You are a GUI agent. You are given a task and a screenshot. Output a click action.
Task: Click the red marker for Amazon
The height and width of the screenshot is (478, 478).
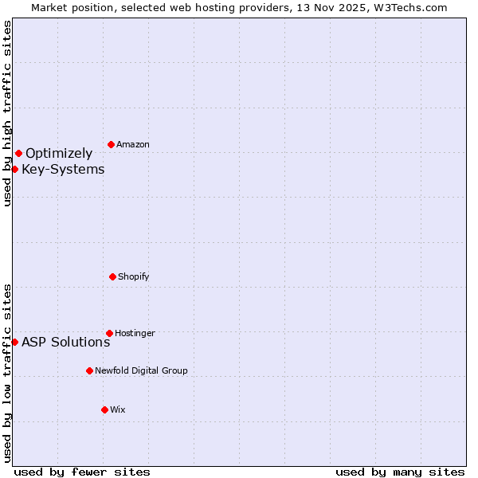(x=111, y=144)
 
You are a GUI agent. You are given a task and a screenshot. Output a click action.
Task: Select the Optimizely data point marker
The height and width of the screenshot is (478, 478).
(x=18, y=153)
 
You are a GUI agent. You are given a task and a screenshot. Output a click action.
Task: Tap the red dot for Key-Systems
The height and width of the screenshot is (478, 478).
(x=14, y=169)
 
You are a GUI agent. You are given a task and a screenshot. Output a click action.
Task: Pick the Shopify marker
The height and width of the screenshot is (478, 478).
(x=112, y=276)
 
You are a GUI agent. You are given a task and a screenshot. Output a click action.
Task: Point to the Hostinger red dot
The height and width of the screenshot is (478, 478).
(x=109, y=333)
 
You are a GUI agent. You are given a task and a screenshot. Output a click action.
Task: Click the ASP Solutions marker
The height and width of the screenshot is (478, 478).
(x=14, y=342)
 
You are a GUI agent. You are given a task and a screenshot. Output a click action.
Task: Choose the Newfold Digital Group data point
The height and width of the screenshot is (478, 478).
(x=89, y=370)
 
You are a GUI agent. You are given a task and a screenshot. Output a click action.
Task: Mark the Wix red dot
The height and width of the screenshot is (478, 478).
(x=104, y=409)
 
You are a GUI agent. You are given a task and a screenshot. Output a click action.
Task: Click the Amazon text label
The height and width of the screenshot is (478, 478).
(x=133, y=145)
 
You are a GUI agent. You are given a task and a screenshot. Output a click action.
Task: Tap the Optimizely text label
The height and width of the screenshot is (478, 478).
(x=59, y=154)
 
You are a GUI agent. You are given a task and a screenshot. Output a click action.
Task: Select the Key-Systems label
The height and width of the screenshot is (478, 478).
(x=63, y=170)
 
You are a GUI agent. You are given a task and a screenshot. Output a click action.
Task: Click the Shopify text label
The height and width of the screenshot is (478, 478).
(x=134, y=277)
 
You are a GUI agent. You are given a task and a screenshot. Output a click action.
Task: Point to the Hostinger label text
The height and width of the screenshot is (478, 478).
(x=135, y=333)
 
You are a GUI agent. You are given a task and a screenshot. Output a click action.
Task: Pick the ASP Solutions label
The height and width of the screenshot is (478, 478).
(x=65, y=343)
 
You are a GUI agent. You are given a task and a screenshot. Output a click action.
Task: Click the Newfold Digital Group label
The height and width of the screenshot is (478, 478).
(x=141, y=370)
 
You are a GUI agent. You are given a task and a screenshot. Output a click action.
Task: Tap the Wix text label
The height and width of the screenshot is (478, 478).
(x=118, y=409)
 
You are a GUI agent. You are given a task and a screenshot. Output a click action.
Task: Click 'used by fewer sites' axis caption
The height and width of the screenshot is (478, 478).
(x=82, y=472)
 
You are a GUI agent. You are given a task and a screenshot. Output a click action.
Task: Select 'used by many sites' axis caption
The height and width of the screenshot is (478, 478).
(x=400, y=472)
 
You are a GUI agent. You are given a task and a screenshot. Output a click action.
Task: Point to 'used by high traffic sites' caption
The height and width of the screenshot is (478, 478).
(x=7, y=113)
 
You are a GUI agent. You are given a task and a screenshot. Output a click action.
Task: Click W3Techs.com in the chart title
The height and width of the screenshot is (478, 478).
(x=408, y=7)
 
